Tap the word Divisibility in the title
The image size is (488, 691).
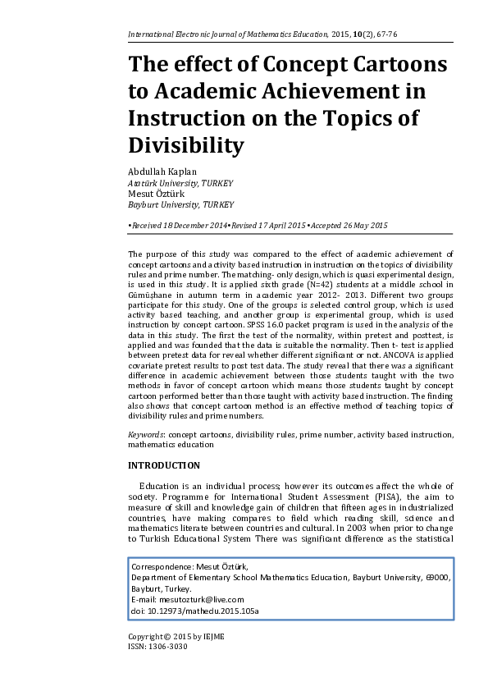186,145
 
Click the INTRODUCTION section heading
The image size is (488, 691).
164,465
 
